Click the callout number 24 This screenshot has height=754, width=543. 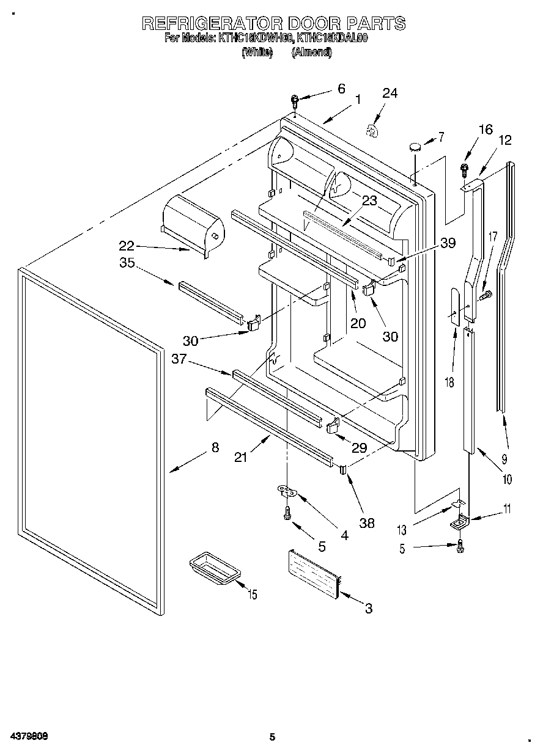point(390,93)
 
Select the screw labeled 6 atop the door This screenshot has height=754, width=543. point(295,99)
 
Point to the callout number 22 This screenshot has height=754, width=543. point(127,246)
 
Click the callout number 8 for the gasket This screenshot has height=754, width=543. point(215,447)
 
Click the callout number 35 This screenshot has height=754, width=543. point(127,263)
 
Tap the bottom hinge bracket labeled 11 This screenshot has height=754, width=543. point(459,522)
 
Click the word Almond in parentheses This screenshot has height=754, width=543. point(311,53)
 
